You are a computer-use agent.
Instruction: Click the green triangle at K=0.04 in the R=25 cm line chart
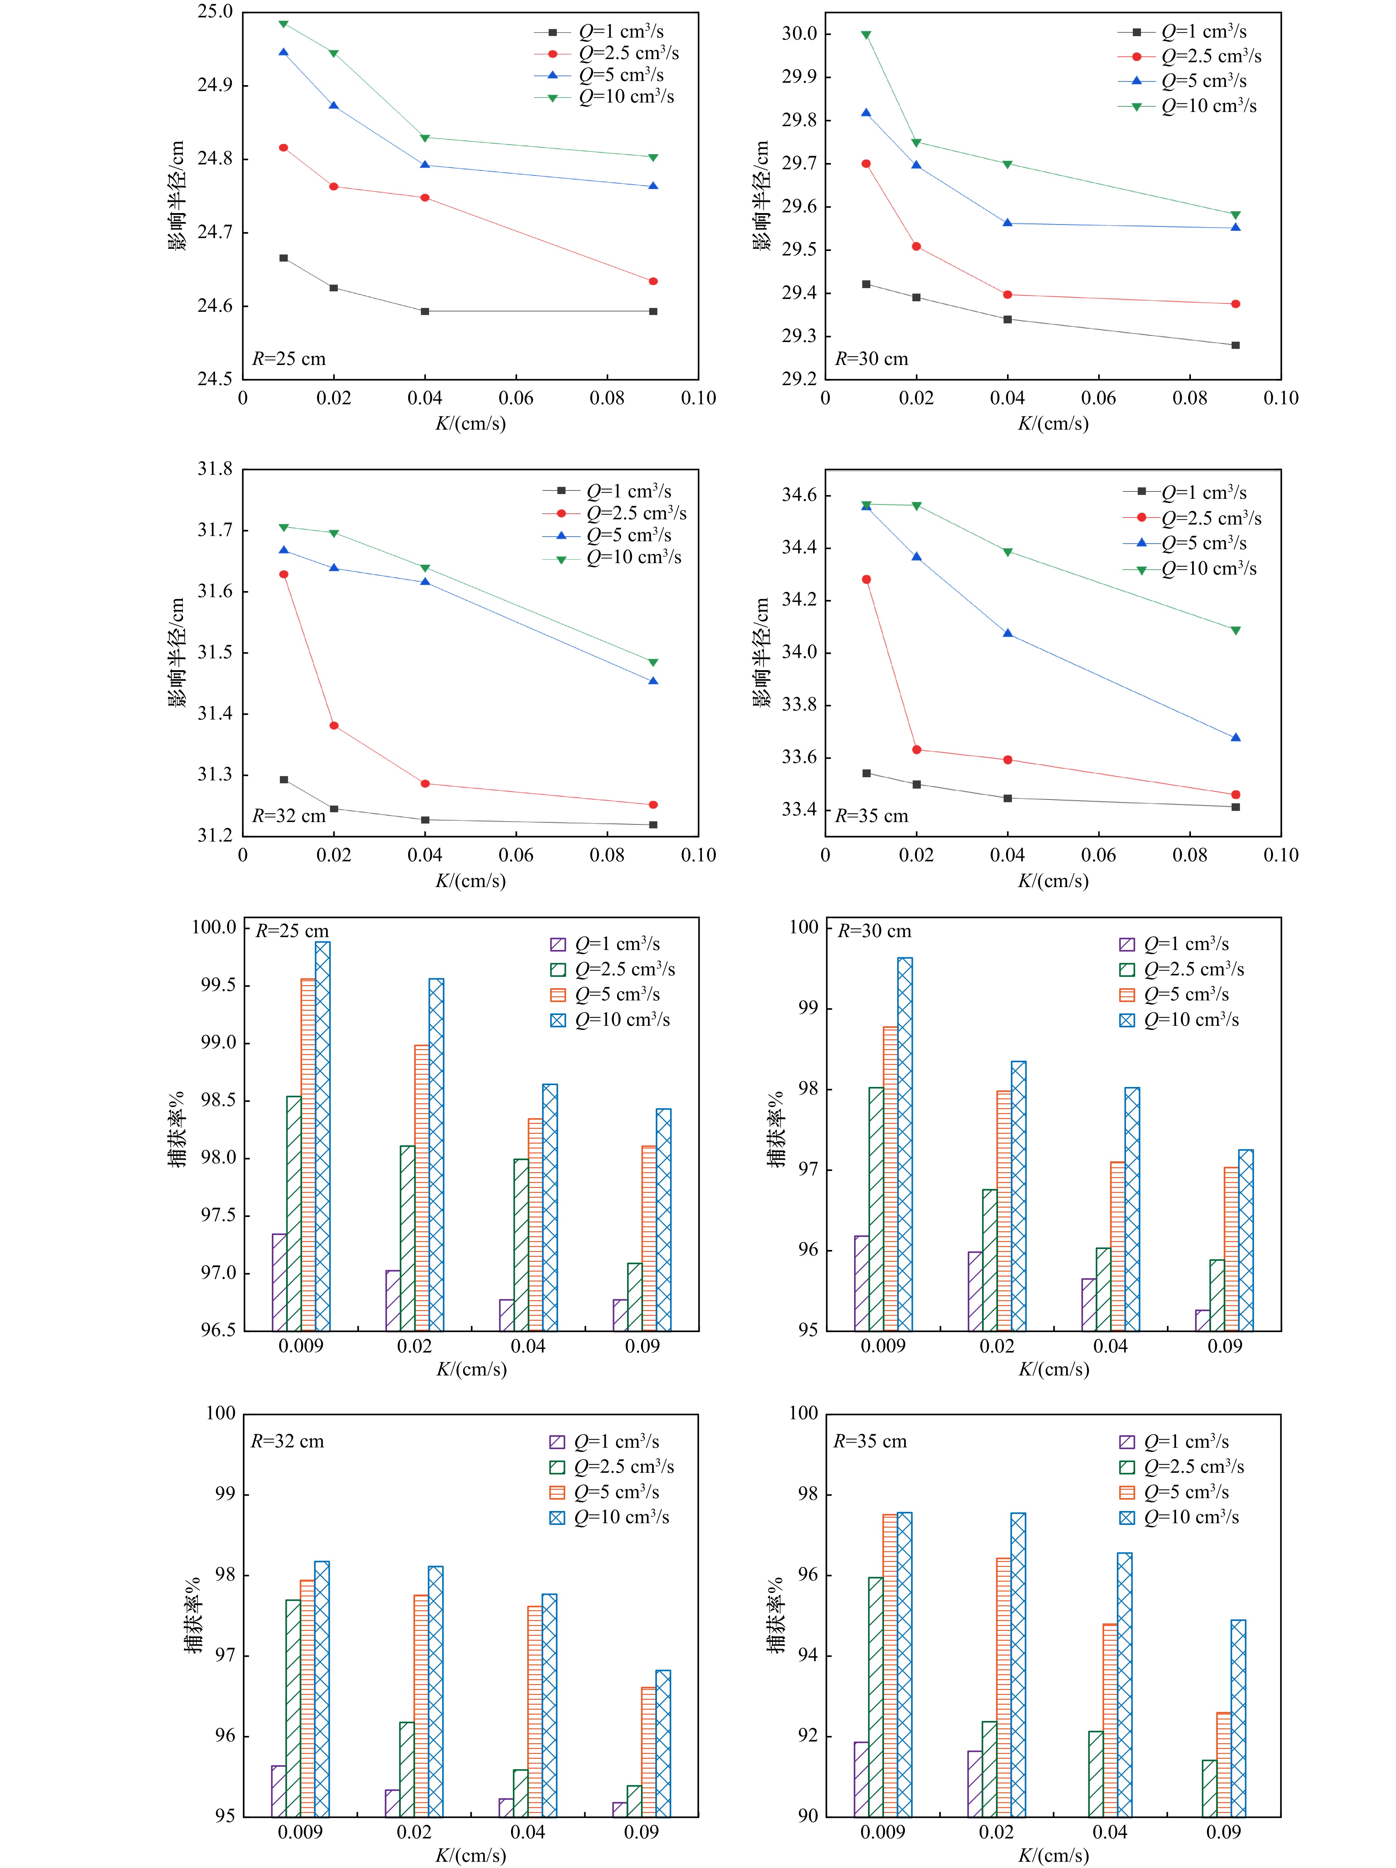(x=425, y=138)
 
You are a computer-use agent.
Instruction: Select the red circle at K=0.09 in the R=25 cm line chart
(x=653, y=281)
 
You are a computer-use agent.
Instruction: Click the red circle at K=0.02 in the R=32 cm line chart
(x=334, y=725)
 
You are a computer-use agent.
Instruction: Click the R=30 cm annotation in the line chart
(x=871, y=359)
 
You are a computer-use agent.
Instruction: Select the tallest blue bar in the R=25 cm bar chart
(x=323, y=1136)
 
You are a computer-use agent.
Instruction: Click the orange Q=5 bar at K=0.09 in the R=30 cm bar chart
(x=1231, y=1249)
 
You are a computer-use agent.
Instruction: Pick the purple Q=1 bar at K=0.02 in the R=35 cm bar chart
(x=975, y=1784)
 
